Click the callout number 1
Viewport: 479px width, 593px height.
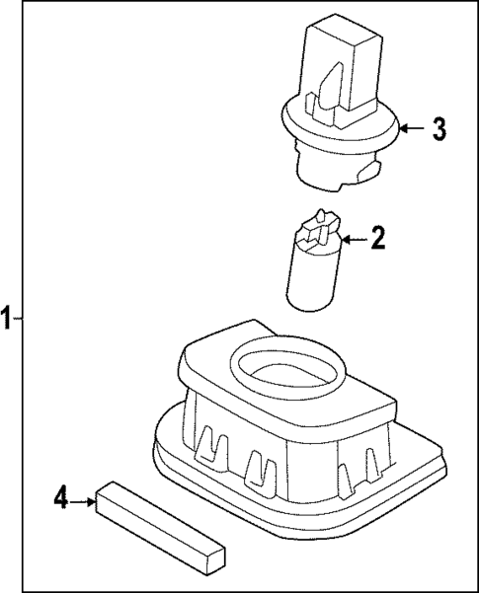coord(7,319)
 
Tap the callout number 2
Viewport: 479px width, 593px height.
coord(378,238)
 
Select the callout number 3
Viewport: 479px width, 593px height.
coord(439,129)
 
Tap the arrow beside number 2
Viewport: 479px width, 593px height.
coord(354,239)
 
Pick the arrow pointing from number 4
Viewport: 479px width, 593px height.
coord(82,502)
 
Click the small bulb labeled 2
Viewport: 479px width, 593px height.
coord(313,260)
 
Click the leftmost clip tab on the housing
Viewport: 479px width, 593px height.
coord(211,443)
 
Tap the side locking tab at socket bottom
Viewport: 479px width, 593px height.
coord(368,171)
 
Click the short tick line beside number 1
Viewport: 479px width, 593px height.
coord(18,319)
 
